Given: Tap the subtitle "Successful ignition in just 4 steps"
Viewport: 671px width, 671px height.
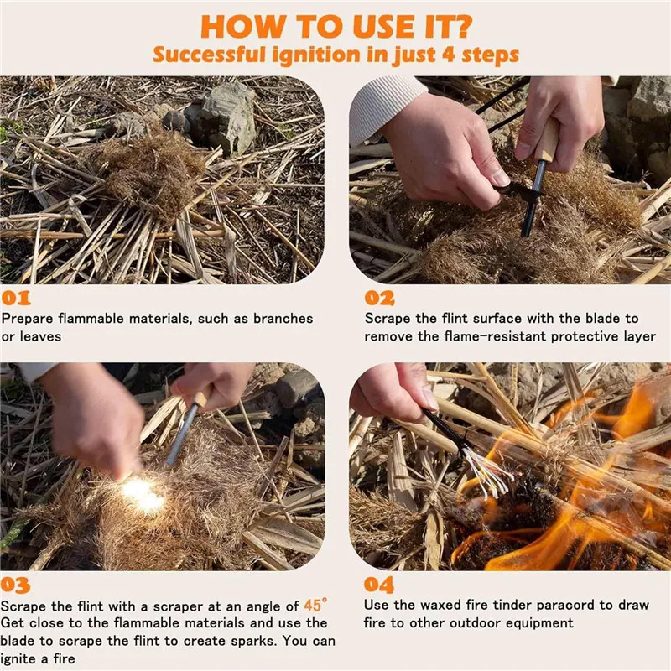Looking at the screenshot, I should [335, 55].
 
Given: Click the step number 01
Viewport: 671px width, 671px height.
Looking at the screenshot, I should [16, 298].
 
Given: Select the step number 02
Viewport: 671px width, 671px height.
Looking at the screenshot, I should [379, 298].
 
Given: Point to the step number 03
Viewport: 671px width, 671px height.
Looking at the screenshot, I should [16, 585].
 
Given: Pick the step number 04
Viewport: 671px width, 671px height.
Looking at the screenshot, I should [379, 585].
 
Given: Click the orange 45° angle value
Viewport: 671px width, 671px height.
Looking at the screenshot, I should [315, 605].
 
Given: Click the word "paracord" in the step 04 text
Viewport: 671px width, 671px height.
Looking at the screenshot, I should [595, 606].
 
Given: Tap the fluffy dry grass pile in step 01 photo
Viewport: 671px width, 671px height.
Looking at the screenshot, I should [155, 168].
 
